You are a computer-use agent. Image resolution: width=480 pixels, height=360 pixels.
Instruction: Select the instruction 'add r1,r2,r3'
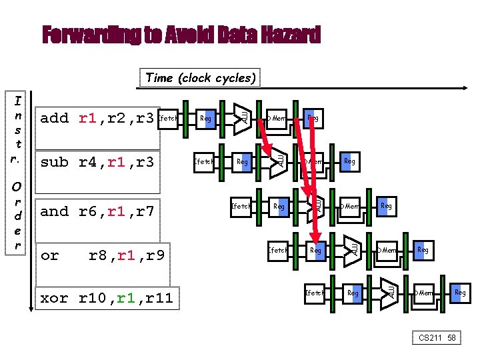[97, 119]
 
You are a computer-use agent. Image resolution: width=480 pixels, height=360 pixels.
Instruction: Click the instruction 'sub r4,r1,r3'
[97, 162]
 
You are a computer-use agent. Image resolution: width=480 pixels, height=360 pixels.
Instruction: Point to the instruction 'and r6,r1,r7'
[97, 211]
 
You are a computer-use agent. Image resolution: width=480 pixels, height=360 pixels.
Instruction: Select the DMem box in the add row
[277, 119]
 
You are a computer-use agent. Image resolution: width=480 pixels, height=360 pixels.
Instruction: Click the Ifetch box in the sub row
[204, 162]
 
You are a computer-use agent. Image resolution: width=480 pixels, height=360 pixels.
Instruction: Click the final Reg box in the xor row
[460, 293]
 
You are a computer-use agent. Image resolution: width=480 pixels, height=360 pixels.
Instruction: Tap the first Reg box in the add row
[206, 119]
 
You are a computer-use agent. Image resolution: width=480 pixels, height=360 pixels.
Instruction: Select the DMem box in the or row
[387, 251]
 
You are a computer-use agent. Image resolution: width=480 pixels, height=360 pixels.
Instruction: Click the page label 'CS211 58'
[437, 338]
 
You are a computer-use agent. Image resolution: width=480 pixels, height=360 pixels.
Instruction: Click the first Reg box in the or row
[316, 251]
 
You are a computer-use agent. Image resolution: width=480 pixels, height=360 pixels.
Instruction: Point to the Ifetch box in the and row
[241, 207]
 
